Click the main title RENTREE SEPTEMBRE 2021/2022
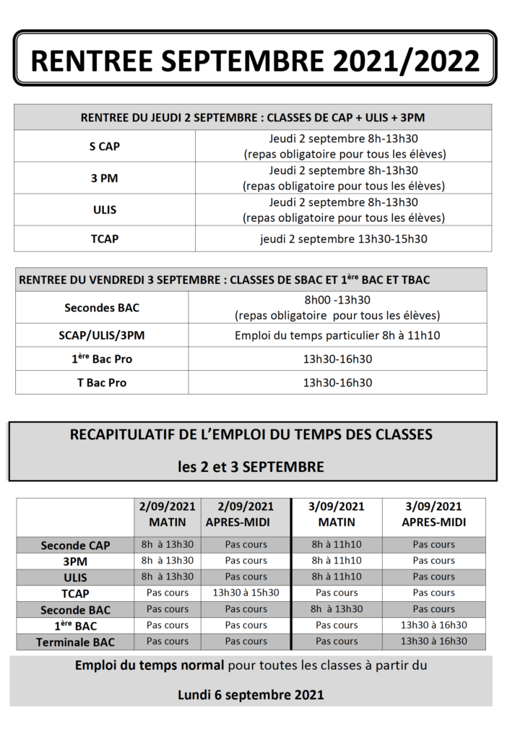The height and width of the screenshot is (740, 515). (255, 60)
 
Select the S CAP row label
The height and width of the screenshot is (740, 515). (105, 147)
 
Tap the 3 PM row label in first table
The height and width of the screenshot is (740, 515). (105, 178)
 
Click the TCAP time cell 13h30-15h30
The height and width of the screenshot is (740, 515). (343, 239)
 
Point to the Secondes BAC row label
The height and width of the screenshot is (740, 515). (102, 308)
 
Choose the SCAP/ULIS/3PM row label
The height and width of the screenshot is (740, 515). (102, 335)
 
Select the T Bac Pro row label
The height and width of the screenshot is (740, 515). (102, 383)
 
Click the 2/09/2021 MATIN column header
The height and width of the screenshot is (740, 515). (168, 515)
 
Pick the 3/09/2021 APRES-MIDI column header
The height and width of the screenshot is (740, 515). (433, 515)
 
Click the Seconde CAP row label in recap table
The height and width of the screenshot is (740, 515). (75, 546)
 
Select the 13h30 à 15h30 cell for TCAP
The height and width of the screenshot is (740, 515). (246, 593)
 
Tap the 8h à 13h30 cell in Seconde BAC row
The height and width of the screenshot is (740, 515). (337, 609)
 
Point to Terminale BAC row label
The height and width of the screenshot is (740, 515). (75, 642)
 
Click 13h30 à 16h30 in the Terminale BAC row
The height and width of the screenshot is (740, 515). (433, 641)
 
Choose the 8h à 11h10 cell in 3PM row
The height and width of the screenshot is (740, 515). (337, 561)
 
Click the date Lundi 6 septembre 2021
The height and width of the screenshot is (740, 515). (251, 695)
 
